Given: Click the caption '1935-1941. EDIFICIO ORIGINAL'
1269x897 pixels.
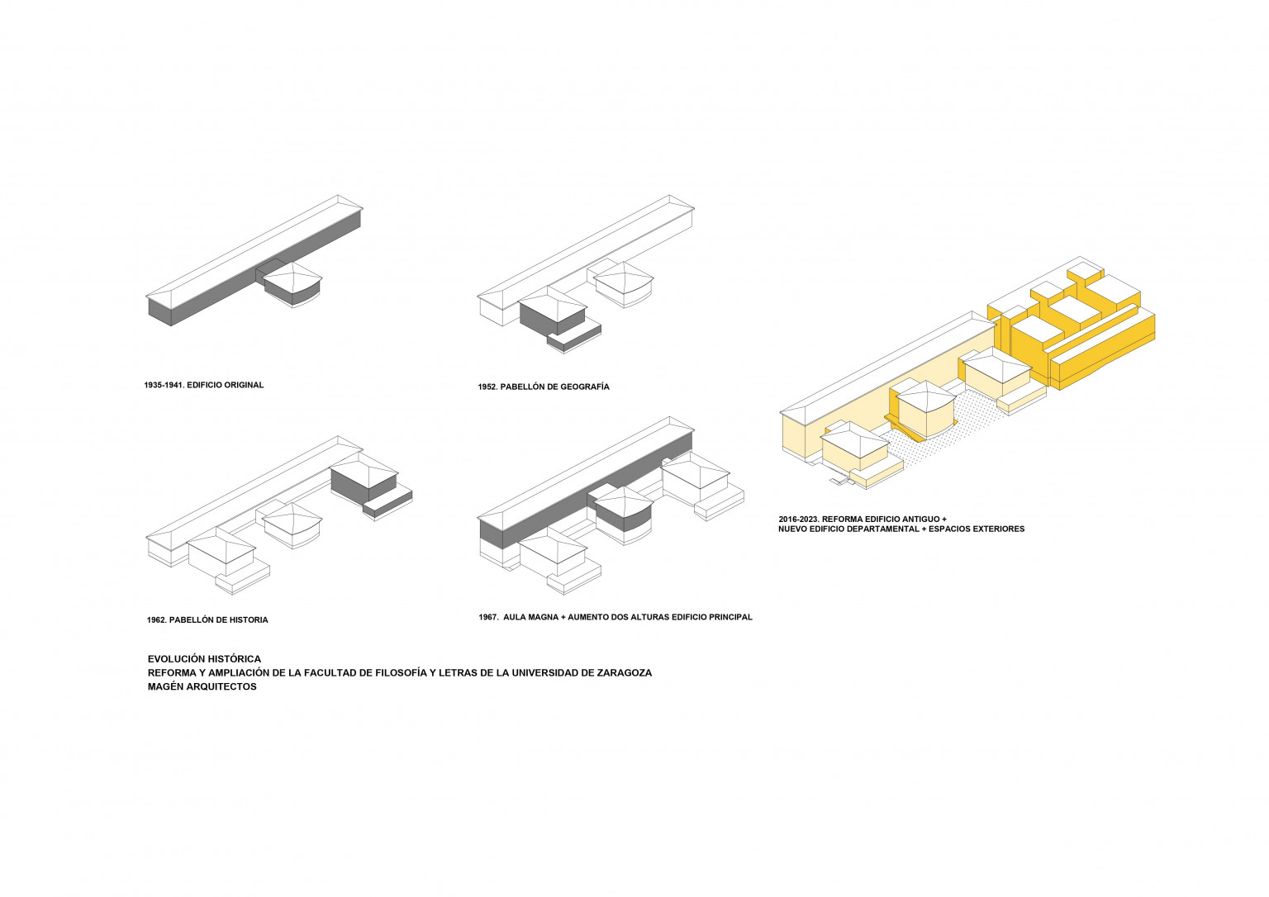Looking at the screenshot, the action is [x=204, y=385].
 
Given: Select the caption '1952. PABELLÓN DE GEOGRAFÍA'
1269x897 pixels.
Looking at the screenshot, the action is [x=544, y=387].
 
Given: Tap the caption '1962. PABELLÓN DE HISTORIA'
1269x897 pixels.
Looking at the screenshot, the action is [x=207, y=620].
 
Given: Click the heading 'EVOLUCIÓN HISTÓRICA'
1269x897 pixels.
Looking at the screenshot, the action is [x=205, y=659].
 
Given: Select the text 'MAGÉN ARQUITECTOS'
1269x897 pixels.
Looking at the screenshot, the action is [x=202, y=687].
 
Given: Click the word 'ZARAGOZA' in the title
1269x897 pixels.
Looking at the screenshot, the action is [x=627, y=673].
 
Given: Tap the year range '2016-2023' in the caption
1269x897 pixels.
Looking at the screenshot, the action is [x=799, y=520].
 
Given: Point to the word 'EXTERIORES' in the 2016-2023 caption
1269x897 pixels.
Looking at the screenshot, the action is [x=999, y=529].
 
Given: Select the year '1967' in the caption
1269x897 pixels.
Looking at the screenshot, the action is [x=487, y=617].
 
